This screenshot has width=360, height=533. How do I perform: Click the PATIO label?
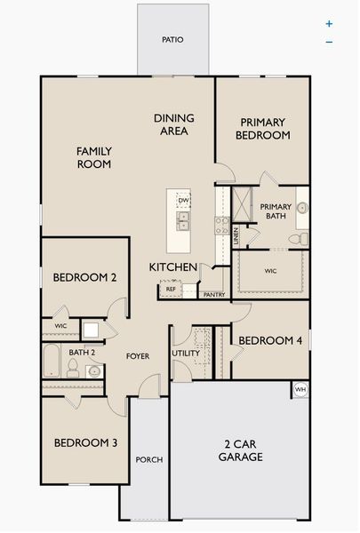click(x=172, y=40)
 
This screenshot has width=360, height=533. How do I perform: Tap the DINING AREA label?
click(x=174, y=124)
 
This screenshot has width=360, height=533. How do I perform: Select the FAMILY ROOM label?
click(x=93, y=157)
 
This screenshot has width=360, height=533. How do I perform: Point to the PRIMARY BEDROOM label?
click(x=263, y=129)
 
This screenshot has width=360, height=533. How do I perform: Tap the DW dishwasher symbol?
click(x=182, y=201)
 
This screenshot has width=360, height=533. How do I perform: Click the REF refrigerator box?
click(x=170, y=289)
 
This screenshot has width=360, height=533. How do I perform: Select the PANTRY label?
click(x=213, y=295)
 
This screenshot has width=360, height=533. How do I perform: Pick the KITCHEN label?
click(x=172, y=267)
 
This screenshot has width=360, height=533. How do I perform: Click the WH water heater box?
click(x=300, y=389)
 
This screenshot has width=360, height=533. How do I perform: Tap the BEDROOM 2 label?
click(x=85, y=277)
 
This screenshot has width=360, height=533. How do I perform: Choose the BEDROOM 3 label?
click(x=86, y=443)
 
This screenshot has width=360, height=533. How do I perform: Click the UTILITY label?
click(x=186, y=353)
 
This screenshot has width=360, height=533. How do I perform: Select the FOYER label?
click(x=137, y=356)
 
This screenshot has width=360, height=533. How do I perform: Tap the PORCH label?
click(x=148, y=460)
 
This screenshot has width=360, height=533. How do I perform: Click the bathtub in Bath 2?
click(x=52, y=362)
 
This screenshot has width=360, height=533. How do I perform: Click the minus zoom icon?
click(x=329, y=42)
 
